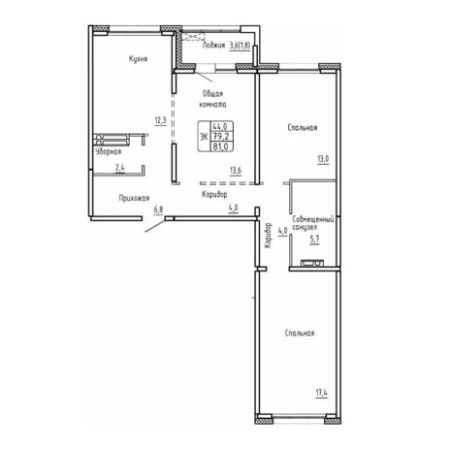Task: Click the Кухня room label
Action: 139,59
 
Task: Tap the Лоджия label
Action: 213,46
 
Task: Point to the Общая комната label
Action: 212,99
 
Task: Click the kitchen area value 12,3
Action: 160,121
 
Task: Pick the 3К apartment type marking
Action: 204,137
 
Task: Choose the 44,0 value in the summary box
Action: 220,126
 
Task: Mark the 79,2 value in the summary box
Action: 220,137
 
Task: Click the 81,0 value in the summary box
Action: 220,146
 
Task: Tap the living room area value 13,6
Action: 236,170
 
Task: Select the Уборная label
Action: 109,151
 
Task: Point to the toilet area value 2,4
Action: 120,168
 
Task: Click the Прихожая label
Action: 134,198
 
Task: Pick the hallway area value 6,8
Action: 158,209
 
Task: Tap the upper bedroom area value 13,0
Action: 323,159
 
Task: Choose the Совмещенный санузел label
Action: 312,223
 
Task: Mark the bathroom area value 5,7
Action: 315,240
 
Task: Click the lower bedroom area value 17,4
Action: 322,393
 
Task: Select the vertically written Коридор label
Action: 268,236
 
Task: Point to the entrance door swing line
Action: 154,226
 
